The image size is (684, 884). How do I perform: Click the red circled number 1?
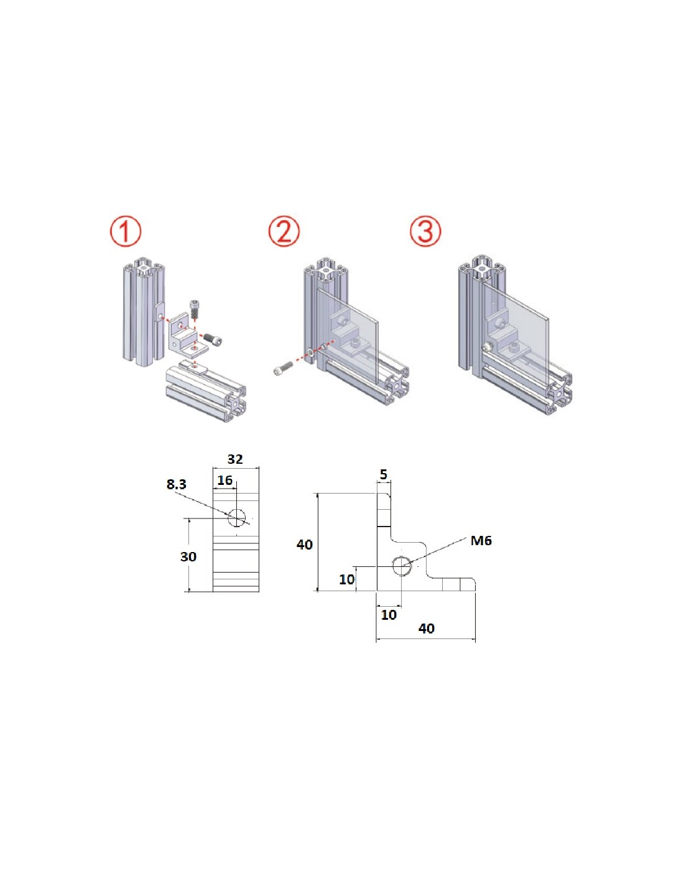point(126,231)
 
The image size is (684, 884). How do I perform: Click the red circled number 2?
point(284,231)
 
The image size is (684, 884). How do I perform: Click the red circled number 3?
point(425,231)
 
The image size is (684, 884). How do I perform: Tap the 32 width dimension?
point(235,459)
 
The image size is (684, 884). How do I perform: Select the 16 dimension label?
point(225,481)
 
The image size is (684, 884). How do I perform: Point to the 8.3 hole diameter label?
point(177,484)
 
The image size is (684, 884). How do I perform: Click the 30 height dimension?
point(188,557)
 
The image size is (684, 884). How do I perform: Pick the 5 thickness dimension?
point(384,475)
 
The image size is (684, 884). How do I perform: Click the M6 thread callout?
point(481,541)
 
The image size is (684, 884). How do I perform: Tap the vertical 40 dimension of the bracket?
point(305,545)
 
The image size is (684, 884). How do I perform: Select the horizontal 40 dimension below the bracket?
point(427,628)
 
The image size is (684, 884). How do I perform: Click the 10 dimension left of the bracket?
point(346,579)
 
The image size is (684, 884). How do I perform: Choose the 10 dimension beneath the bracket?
point(389,615)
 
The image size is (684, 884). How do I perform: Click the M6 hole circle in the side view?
point(402,566)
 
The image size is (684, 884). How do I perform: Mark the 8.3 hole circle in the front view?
point(237,517)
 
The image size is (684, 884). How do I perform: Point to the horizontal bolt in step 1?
point(213,340)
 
